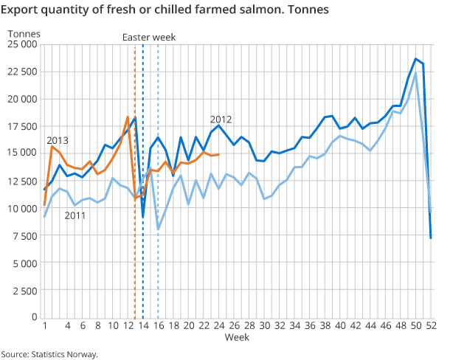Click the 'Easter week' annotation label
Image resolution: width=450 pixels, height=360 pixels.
click(x=150, y=38)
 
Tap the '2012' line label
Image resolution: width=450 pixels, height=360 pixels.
click(x=221, y=120)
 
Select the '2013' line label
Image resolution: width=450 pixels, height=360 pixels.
click(x=58, y=140)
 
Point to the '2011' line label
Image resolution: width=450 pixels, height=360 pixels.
click(x=75, y=215)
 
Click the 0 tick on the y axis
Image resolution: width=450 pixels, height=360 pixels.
click(x=34, y=317)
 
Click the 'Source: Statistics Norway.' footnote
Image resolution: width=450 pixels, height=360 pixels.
click(x=49, y=354)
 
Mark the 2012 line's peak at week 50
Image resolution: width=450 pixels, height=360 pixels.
click(x=415, y=59)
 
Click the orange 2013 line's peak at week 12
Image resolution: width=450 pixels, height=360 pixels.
click(x=128, y=117)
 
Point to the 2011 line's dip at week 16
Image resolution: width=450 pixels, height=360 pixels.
click(x=159, y=229)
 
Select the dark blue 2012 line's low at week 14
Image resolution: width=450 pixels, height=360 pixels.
click(x=143, y=217)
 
